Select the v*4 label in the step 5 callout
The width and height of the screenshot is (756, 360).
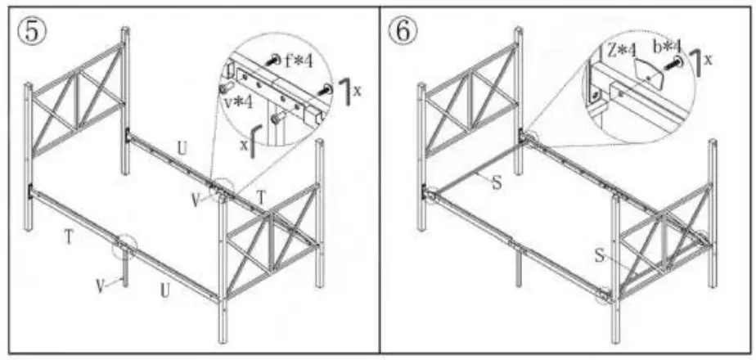(237, 102)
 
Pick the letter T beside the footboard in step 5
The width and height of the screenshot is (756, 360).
(261, 197)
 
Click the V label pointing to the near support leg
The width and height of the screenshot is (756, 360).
(99, 286)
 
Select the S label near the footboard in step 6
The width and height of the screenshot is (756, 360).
(599, 257)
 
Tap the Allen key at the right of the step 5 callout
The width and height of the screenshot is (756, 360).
(349, 92)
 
